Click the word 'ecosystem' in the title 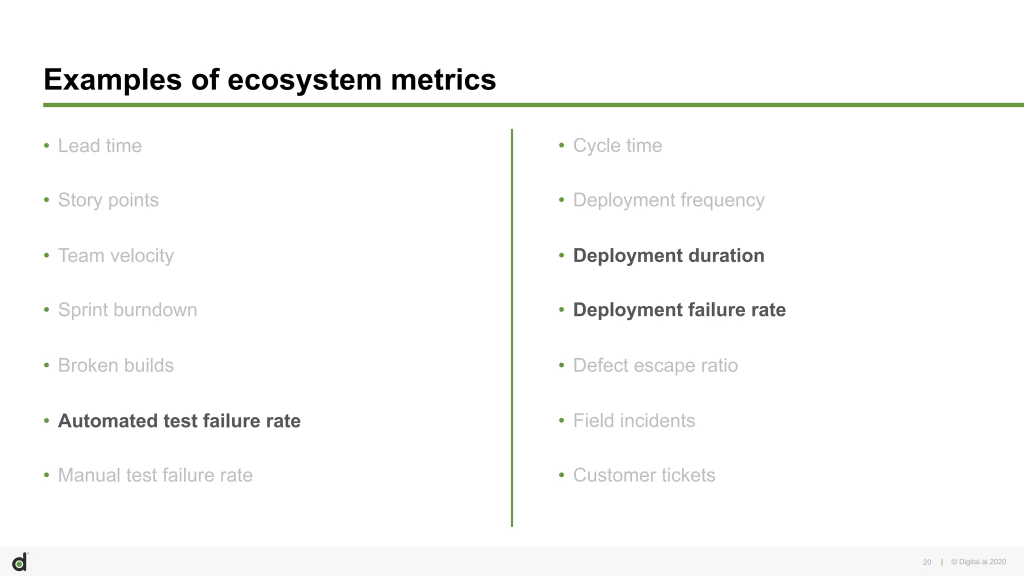(x=304, y=80)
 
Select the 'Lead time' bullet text (x=99, y=146)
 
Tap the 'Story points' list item (x=108, y=200)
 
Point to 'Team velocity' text (x=115, y=255)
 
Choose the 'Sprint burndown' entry (x=127, y=310)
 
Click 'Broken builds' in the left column (x=115, y=365)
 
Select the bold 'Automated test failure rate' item (x=179, y=421)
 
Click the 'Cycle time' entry (x=617, y=146)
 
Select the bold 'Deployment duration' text (x=668, y=255)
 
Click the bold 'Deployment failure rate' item (x=679, y=310)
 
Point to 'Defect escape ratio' (x=655, y=365)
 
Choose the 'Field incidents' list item (x=633, y=421)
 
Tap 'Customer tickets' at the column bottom (x=643, y=475)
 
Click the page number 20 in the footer (x=926, y=562)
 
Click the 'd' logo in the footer (x=19, y=562)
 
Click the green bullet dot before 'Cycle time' (x=561, y=145)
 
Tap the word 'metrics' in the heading (x=443, y=80)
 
